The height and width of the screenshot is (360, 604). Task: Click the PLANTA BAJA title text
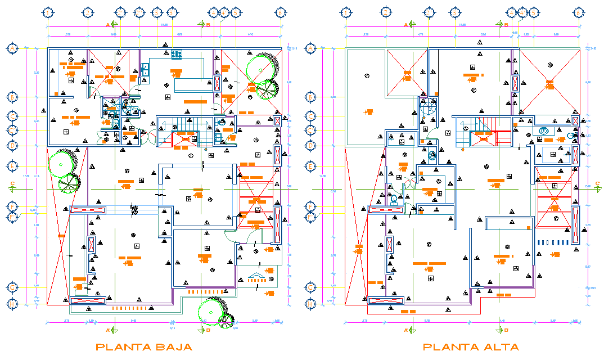(x=144, y=347)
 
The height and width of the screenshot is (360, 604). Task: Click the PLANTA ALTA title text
(x=471, y=347)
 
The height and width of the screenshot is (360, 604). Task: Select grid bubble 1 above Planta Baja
(x=48, y=12)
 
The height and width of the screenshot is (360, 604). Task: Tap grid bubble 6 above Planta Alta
(x=579, y=12)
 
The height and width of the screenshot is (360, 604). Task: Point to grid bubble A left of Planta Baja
(x=12, y=49)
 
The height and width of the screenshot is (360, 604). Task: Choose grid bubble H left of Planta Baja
(x=12, y=304)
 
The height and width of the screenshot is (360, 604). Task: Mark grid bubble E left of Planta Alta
(x=310, y=166)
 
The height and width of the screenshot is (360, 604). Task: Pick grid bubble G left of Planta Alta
(x=310, y=287)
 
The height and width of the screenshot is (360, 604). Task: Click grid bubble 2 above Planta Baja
(x=88, y=12)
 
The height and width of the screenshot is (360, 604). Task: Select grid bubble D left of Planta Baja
(x=12, y=145)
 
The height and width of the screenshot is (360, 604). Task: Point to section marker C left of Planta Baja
(x=12, y=184)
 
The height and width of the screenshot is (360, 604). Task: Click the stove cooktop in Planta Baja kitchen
(x=177, y=54)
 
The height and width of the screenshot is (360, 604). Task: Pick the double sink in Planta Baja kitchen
(x=146, y=70)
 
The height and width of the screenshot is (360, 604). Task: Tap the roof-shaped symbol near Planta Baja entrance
(x=256, y=275)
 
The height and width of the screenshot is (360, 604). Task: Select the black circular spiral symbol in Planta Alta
(x=429, y=106)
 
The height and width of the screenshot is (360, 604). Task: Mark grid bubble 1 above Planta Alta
(x=346, y=12)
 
